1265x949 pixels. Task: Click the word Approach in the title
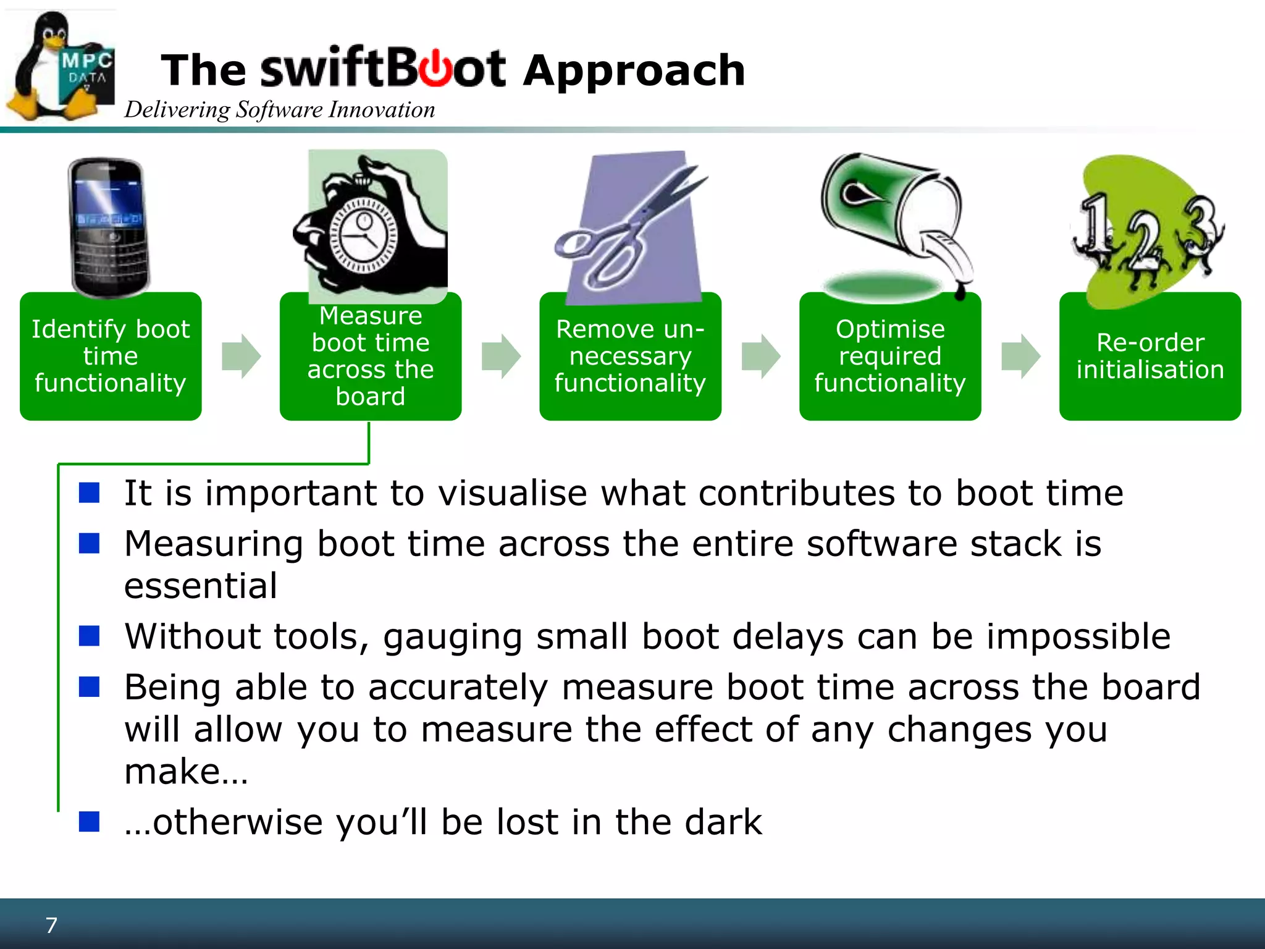pos(634,70)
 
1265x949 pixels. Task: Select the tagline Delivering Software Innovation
pos(279,110)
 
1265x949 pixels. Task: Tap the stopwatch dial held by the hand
pos(363,235)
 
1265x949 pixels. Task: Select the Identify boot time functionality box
pos(111,356)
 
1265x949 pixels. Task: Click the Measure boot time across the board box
pos(370,356)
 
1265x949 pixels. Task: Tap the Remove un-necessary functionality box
pos(630,356)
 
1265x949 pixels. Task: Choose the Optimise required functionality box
pos(890,356)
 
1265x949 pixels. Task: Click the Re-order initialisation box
pos(1149,356)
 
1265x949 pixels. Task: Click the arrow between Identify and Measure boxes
pos(241,356)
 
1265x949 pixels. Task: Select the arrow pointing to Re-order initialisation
pos(1020,356)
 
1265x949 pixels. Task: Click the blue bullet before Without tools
pos(90,636)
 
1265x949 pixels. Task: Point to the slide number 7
pos(51,925)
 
